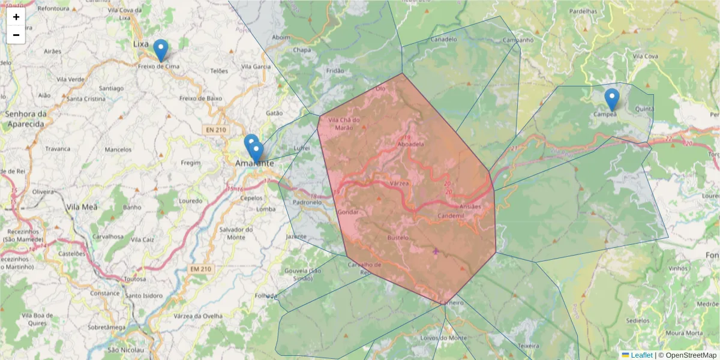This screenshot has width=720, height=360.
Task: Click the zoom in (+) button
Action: pos(16,17)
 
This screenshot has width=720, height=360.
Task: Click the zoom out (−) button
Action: pos(16,35)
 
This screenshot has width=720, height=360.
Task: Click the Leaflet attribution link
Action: pos(641,355)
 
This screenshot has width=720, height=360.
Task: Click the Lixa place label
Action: pos(141,44)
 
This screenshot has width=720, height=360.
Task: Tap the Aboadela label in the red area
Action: pos(411,144)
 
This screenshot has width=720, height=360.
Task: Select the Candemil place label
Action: pos(451,215)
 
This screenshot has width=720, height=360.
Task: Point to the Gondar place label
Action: pos(348,212)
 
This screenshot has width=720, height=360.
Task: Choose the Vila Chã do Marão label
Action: pos(344,123)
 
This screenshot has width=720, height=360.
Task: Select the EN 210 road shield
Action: pos(216,129)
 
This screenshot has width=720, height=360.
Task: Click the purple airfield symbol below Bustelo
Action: pos(436,251)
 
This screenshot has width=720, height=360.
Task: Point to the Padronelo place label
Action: pos(308,202)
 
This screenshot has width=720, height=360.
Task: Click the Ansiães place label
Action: pos(470,207)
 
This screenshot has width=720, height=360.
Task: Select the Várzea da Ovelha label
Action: pos(197,316)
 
